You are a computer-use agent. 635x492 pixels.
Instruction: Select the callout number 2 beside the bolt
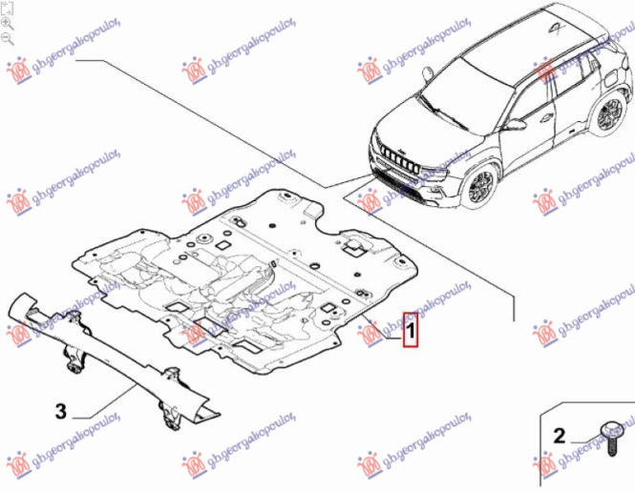(559, 438)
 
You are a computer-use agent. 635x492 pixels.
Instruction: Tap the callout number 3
(59, 412)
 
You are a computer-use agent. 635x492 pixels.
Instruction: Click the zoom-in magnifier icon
(8, 22)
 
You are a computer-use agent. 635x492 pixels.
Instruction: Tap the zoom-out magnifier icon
(8, 38)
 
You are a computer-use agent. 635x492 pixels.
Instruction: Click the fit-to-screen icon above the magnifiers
(8, 7)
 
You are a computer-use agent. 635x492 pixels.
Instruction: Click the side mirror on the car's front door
(515, 124)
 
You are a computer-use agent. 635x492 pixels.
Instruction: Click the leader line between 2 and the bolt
(582, 439)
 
